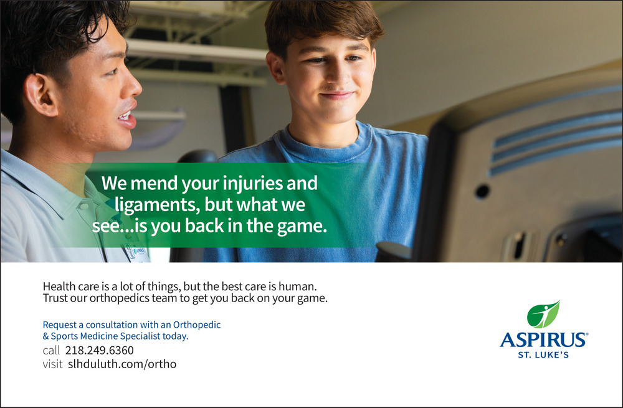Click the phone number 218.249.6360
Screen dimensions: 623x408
point(99,351)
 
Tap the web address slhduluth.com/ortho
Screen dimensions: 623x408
point(122,364)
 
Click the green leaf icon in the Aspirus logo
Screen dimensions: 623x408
point(543,314)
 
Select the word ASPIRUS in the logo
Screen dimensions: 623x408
point(543,340)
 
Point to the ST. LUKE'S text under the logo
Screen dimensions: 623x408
point(543,355)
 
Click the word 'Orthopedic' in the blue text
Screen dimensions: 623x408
point(197,325)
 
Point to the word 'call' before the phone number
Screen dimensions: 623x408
point(51,351)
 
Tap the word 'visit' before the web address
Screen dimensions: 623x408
point(52,364)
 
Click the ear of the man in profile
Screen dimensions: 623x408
point(39,94)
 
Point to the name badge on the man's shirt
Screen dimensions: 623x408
point(138,253)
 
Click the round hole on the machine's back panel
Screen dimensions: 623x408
point(482,191)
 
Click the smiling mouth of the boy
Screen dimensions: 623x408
point(337,95)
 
